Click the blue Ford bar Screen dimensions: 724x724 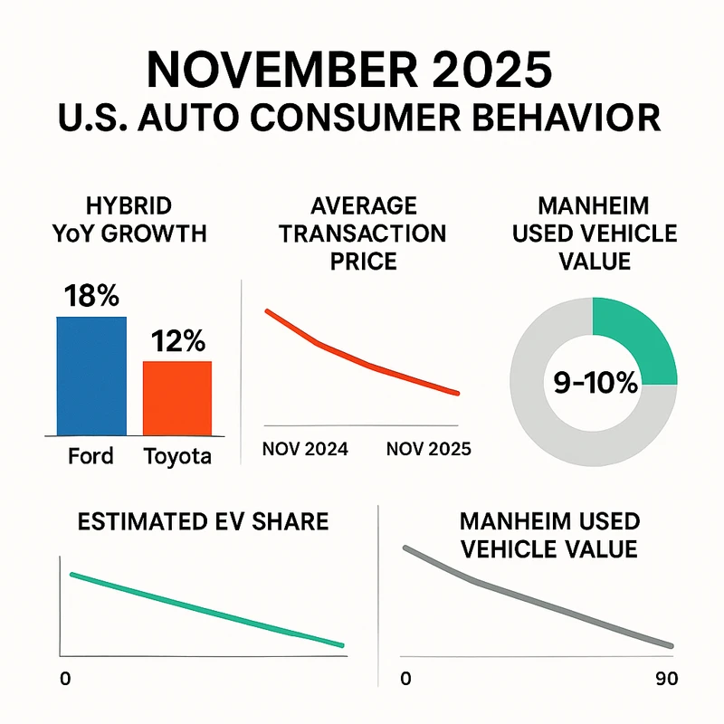click(90, 376)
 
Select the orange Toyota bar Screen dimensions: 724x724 click(177, 398)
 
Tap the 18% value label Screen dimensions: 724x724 click(90, 296)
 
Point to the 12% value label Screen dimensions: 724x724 click(177, 341)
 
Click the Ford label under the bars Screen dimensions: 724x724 click(90, 454)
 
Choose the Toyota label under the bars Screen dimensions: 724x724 click(177, 455)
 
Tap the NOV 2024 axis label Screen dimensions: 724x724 click(306, 449)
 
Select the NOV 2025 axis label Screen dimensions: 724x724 click(429, 449)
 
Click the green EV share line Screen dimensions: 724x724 click(208, 610)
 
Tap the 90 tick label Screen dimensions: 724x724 click(664, 678)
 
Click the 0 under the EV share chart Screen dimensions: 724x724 click(64, 678)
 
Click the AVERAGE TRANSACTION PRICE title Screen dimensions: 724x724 click(362, 233)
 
